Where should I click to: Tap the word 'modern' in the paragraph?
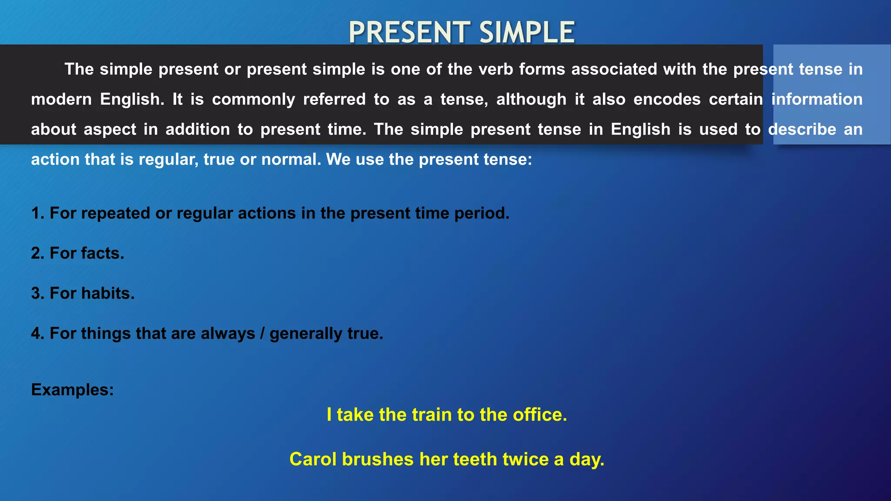[x=61, y=99]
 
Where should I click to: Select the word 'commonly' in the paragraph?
[x=254, y=99]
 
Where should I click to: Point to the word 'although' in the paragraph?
[x=531, y=99]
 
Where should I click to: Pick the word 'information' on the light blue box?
[x=817, y=99]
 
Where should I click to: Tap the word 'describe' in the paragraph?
[x=802, y=129]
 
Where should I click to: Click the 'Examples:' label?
[x=72, y=390]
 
